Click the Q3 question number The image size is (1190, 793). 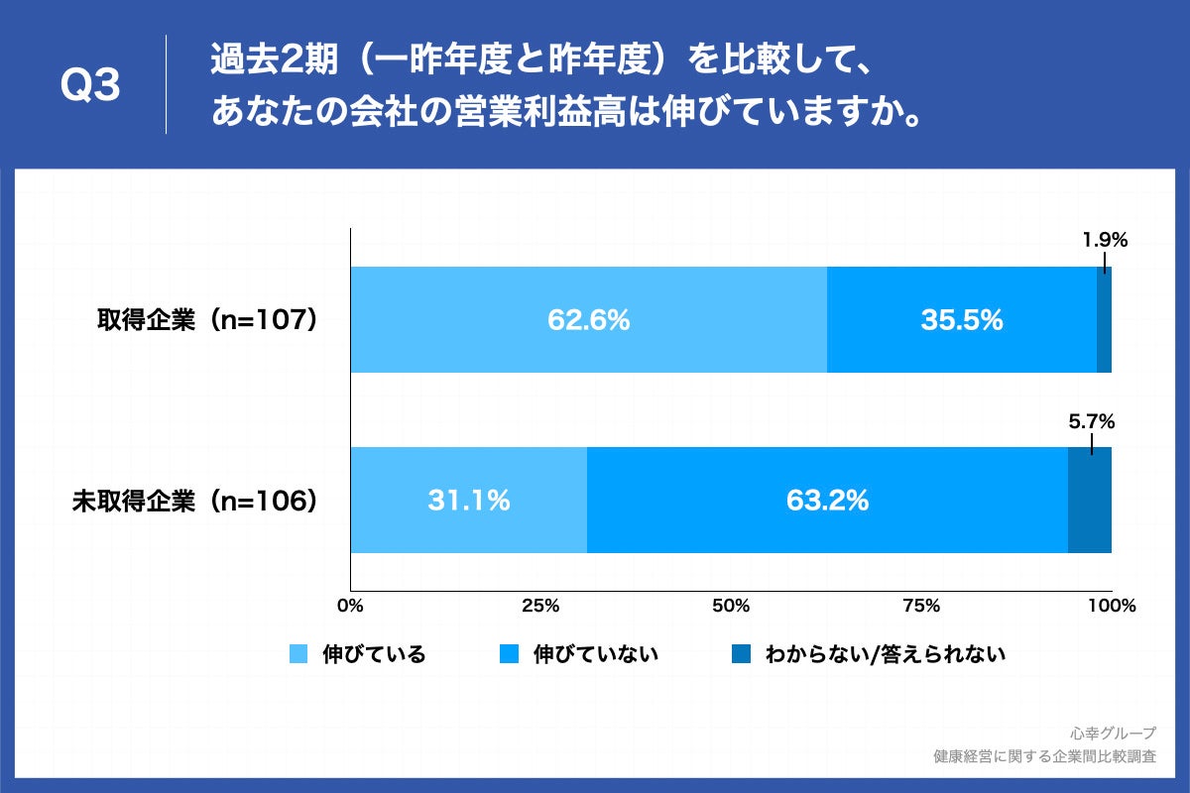point(90,86)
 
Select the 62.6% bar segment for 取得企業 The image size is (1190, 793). point(588,320)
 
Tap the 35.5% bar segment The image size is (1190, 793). point(961,320)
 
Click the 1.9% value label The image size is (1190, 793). point(1105,240)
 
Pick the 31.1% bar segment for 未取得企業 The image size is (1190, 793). point(468,501)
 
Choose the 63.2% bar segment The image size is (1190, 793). point(827,501)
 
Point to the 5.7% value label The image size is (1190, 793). point(1092,421)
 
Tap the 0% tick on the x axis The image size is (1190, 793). point(350,606)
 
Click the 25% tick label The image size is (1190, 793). point(540,606)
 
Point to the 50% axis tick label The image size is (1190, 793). point(731,606)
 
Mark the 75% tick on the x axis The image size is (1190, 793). point(921,606)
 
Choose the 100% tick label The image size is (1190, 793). point(1111,606)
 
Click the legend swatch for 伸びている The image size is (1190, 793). point(298,654)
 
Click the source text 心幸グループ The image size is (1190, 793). point(1113,734)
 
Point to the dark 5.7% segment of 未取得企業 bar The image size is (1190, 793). point(1089,501)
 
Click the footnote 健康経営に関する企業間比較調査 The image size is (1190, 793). point(1044,756)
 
